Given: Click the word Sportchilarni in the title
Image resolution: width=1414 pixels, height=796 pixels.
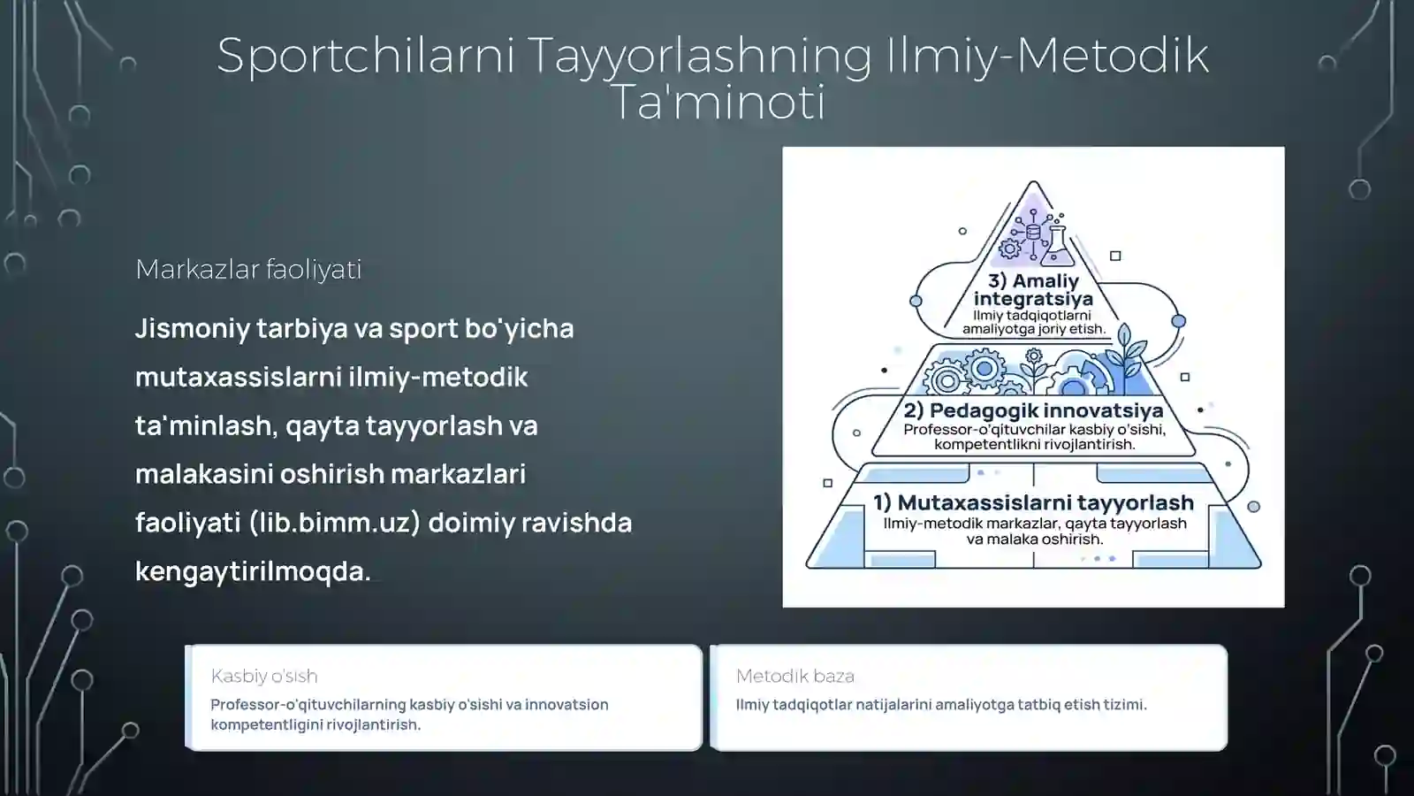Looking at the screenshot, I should tap(366, 55).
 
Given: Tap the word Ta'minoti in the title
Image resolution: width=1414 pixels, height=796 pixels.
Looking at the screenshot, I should tap(717, 102).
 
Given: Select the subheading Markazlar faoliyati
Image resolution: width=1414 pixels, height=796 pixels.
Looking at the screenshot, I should tap(248, 269).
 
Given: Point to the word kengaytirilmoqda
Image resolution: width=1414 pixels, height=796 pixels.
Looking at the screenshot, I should tap(253, 570).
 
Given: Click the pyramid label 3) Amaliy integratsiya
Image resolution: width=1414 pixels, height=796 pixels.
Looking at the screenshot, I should tap(1033, 289).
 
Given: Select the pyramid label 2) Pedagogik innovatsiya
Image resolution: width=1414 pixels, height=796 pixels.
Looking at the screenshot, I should tap(1033, 410).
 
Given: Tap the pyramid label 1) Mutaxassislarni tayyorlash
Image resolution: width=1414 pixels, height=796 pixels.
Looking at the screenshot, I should tap(1033, 502).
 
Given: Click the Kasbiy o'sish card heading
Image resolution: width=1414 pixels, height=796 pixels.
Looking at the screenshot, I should tap(264, 676).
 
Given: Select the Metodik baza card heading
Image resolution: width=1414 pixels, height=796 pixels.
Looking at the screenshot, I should tap(795, 676).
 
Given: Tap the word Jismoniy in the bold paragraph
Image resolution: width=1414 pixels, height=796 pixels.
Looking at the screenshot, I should tap(192, 328).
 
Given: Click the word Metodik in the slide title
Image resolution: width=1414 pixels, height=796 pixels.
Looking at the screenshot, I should tap(1113, 55).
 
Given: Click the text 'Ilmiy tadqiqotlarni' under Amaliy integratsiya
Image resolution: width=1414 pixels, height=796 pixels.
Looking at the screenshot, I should tap(1031, 315).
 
